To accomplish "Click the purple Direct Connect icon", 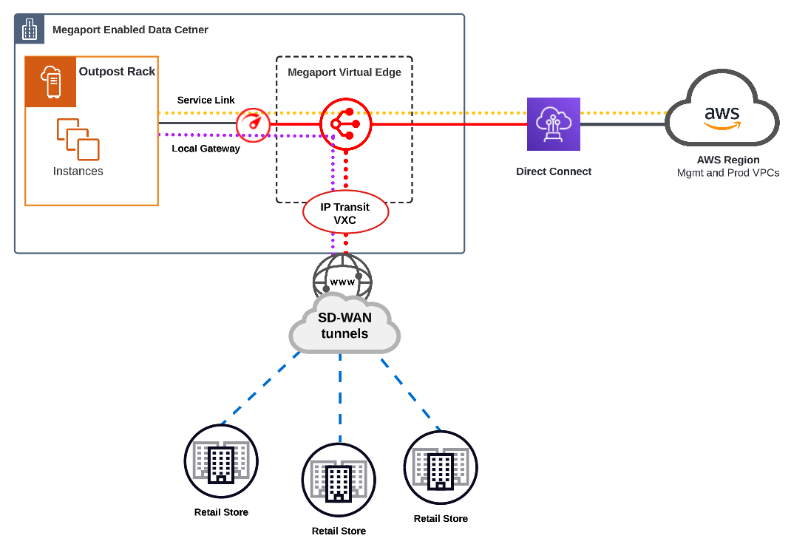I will click(x=553, y=124).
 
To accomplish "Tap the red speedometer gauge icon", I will click(x=253, y=123).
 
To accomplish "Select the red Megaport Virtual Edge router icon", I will click(x=344, y=124).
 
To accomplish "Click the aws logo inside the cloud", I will click(x=722, y=116).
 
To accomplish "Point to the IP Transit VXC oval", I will click(x=346, y=213).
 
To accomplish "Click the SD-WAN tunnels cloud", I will click(x=344, y=326).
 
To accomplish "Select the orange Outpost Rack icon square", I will click(x=51, y=82).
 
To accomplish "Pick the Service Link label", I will click(x=206, y=100).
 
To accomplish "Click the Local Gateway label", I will click(x=206, y=149).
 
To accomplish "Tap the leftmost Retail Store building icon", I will click(x=221, y=461).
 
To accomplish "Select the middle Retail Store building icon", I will click(x=339, y=480).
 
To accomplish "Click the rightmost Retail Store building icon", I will click(x=441, y=468).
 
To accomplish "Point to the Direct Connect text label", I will click(x=554, y=171).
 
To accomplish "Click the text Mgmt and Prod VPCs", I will click(x=728, y=173).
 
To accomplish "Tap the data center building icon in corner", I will click(x=30, y=30).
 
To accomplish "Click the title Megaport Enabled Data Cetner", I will click(x=130, y=30).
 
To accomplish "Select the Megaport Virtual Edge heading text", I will click(x=344, y=72).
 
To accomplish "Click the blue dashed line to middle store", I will click(x=340, y=399).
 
